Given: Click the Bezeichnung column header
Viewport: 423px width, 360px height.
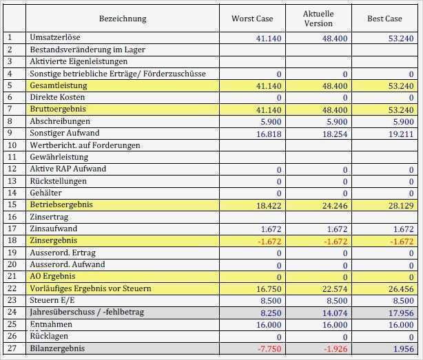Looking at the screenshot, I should pos(123,19).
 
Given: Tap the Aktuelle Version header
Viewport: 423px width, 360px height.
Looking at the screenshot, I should pos(318,19).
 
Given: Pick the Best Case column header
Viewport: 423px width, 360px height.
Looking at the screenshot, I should pos(384,19).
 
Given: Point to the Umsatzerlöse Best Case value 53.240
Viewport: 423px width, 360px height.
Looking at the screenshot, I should pos(401,39).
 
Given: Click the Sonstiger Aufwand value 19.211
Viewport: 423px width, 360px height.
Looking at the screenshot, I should pos(401,134).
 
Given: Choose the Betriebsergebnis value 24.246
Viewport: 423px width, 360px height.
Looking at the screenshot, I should pos(335,205).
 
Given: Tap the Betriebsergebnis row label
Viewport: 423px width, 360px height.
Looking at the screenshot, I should pos(61,204).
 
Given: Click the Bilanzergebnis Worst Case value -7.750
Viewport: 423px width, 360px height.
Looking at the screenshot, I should pos(269,349).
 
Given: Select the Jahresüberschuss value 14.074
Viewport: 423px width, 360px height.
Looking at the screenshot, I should pos(335,313).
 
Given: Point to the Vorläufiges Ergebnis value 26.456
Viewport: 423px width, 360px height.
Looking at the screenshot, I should pos(401,289).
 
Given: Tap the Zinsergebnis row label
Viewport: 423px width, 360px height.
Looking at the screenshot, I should pos(54,240).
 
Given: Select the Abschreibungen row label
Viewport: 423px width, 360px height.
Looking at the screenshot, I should pos(60,121).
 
